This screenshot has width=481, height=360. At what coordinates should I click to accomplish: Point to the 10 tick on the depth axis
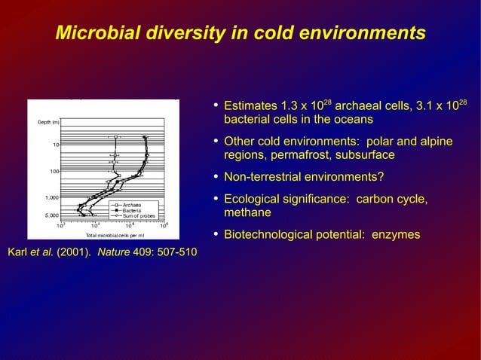(x=56, y=144)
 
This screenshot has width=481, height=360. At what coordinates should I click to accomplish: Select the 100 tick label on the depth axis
(x=54, y=171)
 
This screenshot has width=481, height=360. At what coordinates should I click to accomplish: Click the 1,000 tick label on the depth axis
(x=51, y=197)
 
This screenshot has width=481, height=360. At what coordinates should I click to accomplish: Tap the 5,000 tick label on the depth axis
(x=51, y=215)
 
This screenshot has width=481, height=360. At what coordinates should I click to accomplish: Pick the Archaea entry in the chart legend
(x=131, y=204)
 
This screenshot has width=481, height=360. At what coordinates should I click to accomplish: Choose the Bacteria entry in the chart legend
(x=131, y=210)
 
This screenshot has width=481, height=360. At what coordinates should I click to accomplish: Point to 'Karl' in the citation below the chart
(x=18, y=251)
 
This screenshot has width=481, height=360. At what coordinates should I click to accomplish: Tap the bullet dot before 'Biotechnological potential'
(x=216, y=234)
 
